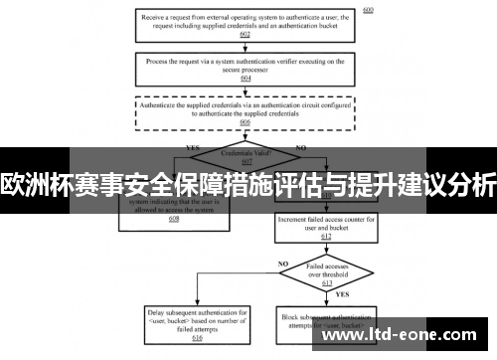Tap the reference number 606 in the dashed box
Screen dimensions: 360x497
245,123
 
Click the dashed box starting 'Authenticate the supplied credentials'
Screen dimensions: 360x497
245,109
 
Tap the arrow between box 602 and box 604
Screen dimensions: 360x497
245,48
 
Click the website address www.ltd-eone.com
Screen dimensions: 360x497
402,336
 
